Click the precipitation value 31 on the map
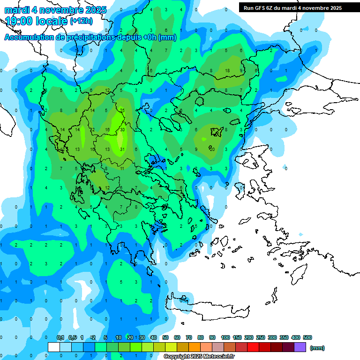(122, 150)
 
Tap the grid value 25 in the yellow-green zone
(122, 111)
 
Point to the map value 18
(227, 71)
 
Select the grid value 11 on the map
(122, 168)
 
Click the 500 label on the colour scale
(307, 337)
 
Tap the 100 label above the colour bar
(225, 337)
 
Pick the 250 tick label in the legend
(261, 337)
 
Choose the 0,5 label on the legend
(73, 337)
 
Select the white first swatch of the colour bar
(54, 347)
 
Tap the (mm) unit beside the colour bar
(317, 348)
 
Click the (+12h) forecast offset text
(81, 21)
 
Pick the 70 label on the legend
(189, 337)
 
